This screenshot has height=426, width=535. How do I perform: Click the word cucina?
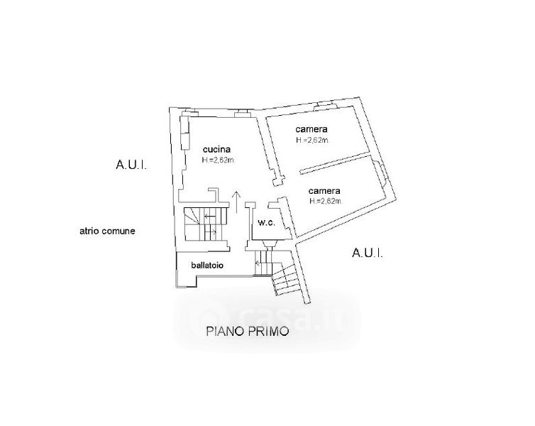point(217,150)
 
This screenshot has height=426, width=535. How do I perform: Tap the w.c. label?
point(266,223)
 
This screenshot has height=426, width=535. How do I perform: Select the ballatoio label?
point(207,266)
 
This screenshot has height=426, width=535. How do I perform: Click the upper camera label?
point(311,130)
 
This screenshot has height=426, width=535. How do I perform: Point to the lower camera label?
point(325,191)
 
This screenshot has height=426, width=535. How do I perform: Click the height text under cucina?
point(218,160)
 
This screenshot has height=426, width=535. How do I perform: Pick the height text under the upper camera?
point(312,141)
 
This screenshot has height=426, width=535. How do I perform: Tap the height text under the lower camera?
point(326,201)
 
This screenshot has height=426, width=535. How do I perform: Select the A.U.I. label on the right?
point(367,253)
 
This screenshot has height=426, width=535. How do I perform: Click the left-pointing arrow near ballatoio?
point(258,263)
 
